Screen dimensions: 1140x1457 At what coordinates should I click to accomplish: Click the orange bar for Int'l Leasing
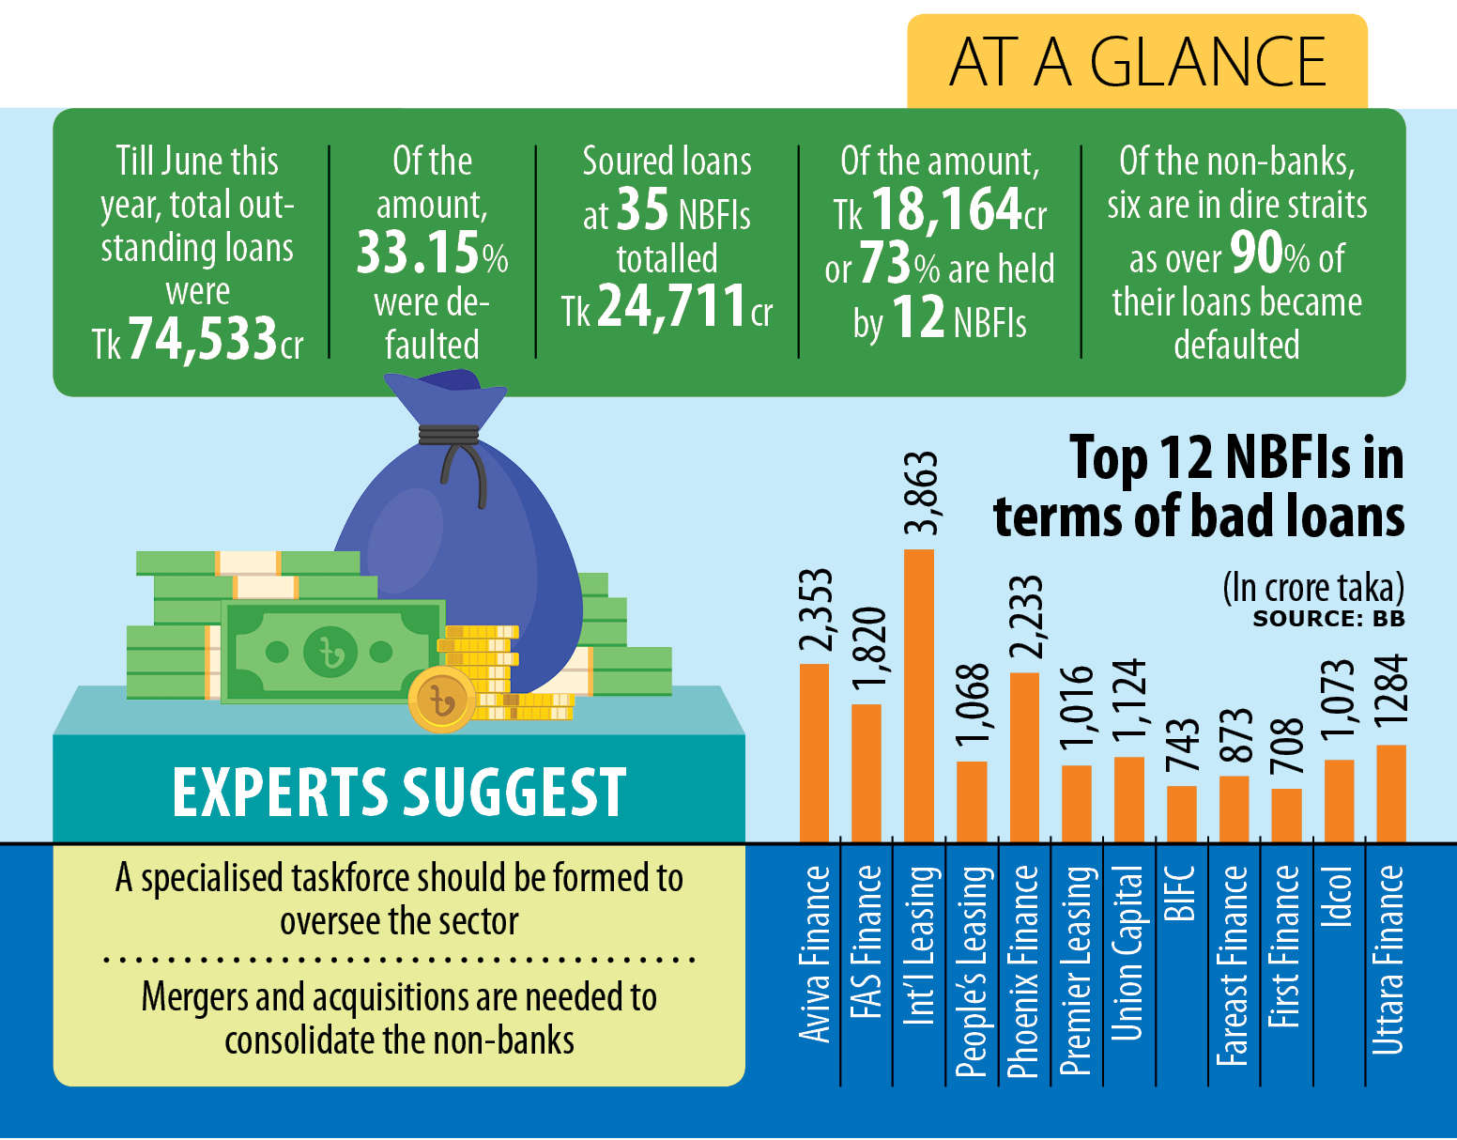918,695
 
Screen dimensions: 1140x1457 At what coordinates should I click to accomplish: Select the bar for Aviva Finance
814,752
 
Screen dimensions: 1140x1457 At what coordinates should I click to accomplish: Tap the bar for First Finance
1286,815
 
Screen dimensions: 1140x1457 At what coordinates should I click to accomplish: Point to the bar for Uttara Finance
1390,793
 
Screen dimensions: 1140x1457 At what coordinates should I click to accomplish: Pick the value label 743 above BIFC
1182,747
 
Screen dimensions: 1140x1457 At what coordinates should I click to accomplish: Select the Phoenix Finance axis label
1023,970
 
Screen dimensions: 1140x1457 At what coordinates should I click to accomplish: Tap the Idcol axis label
1338,897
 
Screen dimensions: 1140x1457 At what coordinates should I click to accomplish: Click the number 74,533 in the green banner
203,339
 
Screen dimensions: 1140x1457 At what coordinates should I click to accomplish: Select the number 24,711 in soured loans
671,306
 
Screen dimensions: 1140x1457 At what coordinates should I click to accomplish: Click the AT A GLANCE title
1137,62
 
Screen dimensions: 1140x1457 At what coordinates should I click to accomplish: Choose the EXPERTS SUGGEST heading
399,792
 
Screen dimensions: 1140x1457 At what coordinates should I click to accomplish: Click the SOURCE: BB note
1328,619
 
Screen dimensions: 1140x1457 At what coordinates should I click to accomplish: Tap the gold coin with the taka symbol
441,701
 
